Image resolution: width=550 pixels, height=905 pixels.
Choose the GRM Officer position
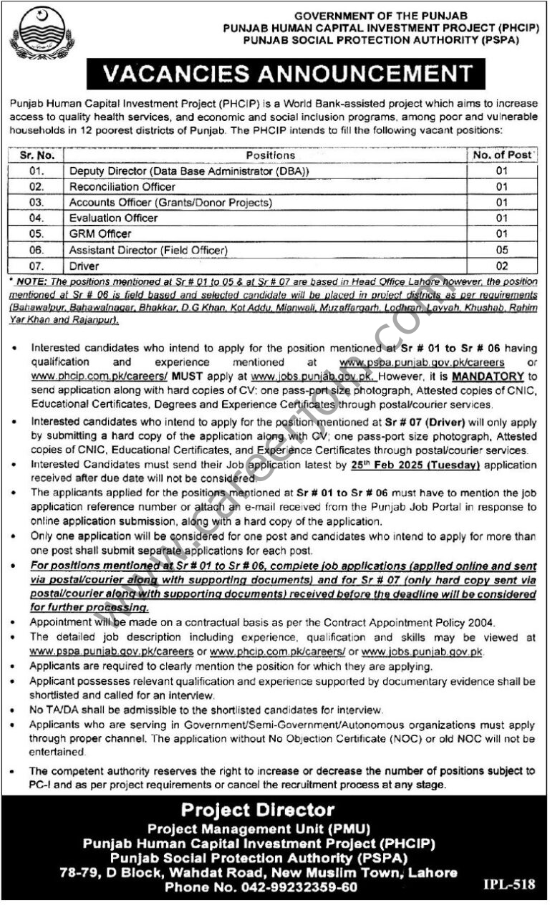pos(100,234)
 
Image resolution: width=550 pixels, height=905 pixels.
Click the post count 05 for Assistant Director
pos(501,250)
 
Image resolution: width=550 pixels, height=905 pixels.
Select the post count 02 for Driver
pos(501,266)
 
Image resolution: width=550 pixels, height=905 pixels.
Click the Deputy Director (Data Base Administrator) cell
pos(190,171)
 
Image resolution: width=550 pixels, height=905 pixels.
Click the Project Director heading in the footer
pos(258,810)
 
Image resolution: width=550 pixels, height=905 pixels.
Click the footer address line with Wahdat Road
pos(258,872)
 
